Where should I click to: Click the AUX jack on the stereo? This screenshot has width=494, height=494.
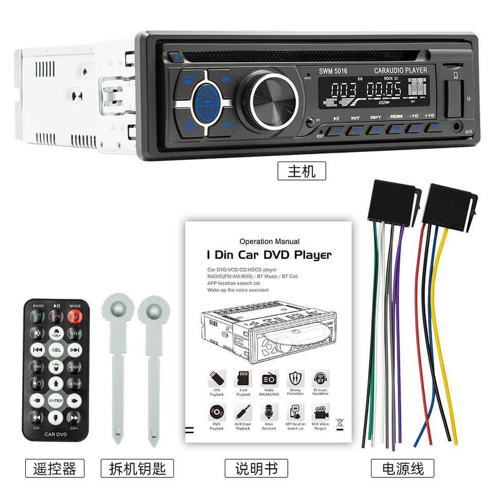click(x=456, y=125)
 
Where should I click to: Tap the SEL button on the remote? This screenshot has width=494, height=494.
click(x=56, y=350)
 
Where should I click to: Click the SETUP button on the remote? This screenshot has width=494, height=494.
click(x=75, y=384)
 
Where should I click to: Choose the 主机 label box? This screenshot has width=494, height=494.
click(x=302, y=171)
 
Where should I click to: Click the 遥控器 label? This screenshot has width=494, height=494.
click(x=55, y=468)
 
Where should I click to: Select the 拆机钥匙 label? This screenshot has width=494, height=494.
click(x=137, y=468)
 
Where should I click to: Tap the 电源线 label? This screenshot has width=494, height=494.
click(x=403, y=468)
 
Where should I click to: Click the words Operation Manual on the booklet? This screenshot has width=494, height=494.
click(x=269, y=241)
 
